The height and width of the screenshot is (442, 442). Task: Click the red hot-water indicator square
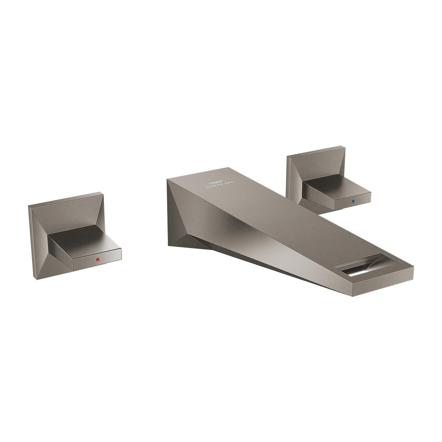click(98, 259)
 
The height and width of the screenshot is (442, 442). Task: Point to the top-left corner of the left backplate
click(29, 206)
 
